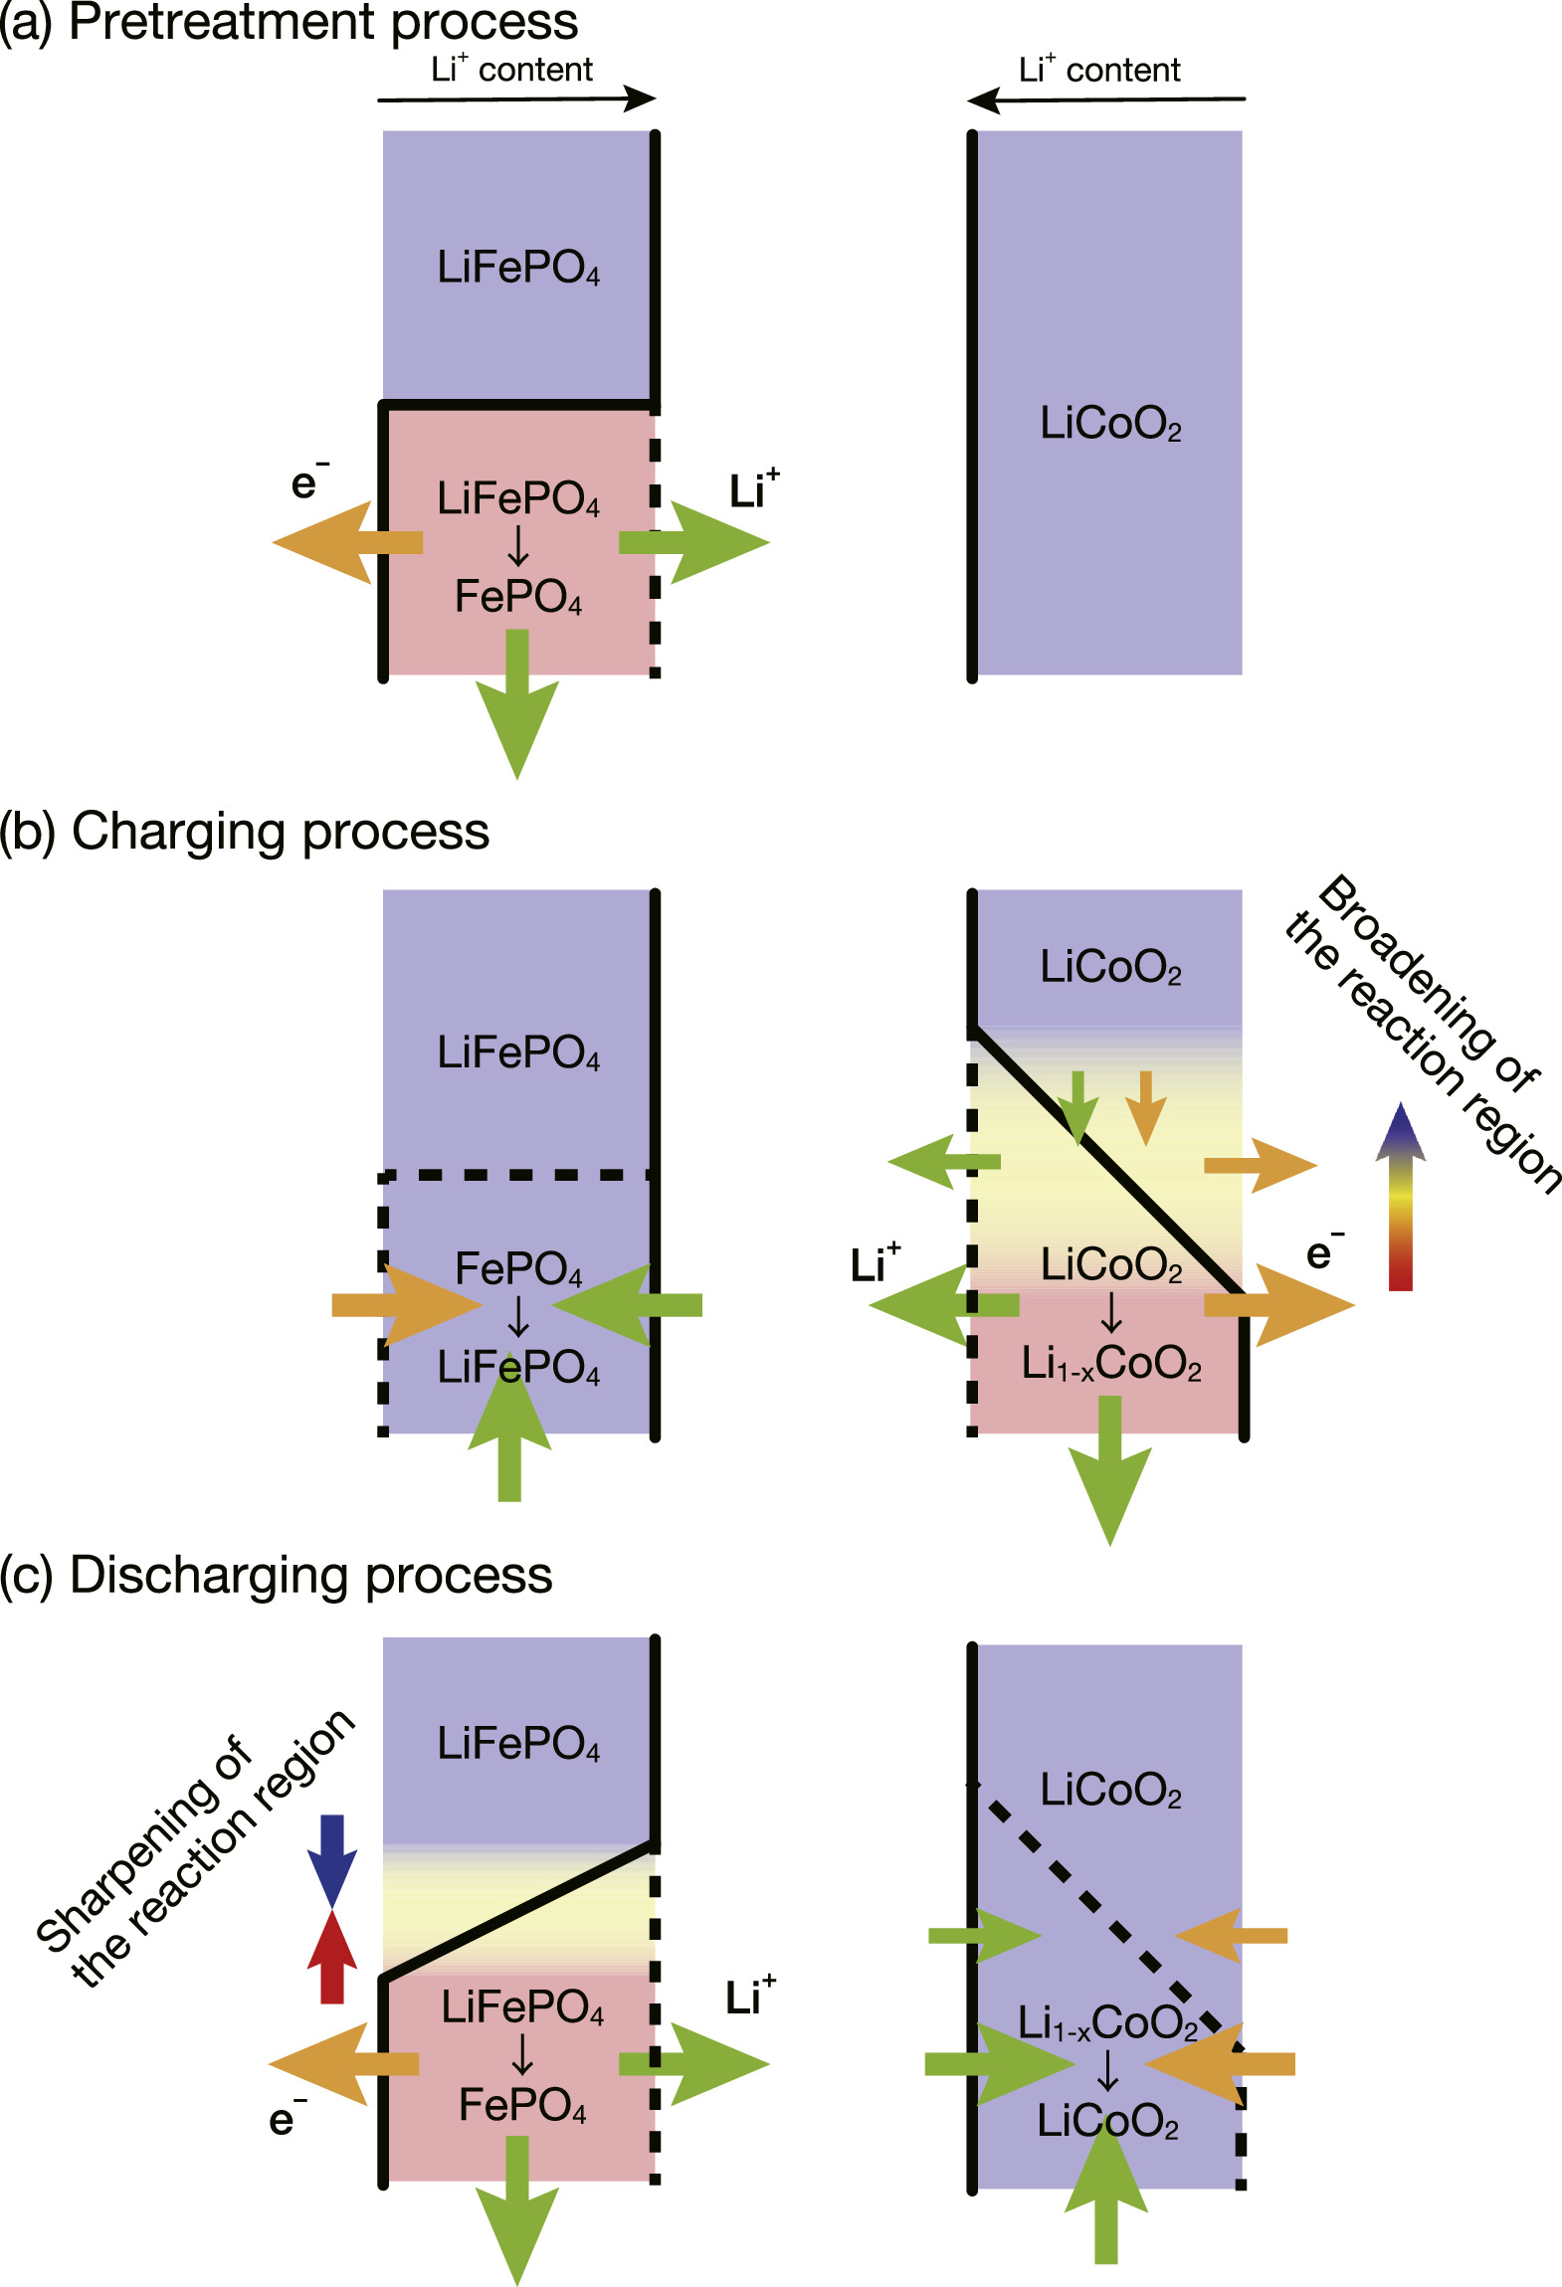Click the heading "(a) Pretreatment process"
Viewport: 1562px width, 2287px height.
coord(289,22)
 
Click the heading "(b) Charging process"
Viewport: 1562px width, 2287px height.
coord(245,831)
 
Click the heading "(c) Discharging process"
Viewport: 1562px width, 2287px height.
coord(276,1575)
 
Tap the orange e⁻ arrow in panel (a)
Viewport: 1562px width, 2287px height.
coord(338,542)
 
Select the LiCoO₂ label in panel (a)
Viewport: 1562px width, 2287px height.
coord(1110,424)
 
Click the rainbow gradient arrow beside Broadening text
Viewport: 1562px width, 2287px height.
coord(1400,1194)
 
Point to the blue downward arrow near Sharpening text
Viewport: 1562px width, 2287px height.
coord(331,1856)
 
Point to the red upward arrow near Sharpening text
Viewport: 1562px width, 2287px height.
coord(331,1960)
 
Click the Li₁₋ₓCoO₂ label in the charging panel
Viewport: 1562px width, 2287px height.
coord(1111,1363)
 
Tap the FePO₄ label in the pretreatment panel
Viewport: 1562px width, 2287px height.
coord(517,597)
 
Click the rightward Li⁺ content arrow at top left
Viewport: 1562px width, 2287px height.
coord(517,98)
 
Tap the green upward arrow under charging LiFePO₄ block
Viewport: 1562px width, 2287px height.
coord(509,1432)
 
